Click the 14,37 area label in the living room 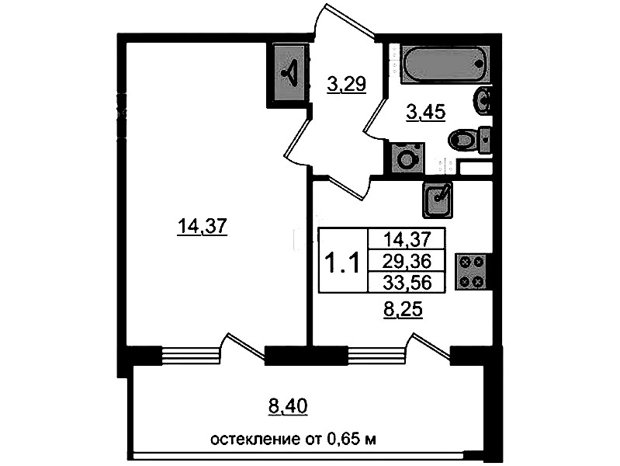(202, 227)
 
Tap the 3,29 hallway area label (347, 84)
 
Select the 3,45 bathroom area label (426, 112)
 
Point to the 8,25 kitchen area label (403, 310)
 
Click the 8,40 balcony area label (288, 406)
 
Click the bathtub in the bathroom (445, 64)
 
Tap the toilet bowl (469, 140)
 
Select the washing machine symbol (407, 158)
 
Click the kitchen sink (438, 200)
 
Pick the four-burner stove (470, 272)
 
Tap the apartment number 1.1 (342, 263)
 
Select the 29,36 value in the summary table (407, 261)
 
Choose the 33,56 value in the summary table (407, 282)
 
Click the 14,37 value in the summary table (407, 239)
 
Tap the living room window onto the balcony (190, 354)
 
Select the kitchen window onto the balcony (376, 354)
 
